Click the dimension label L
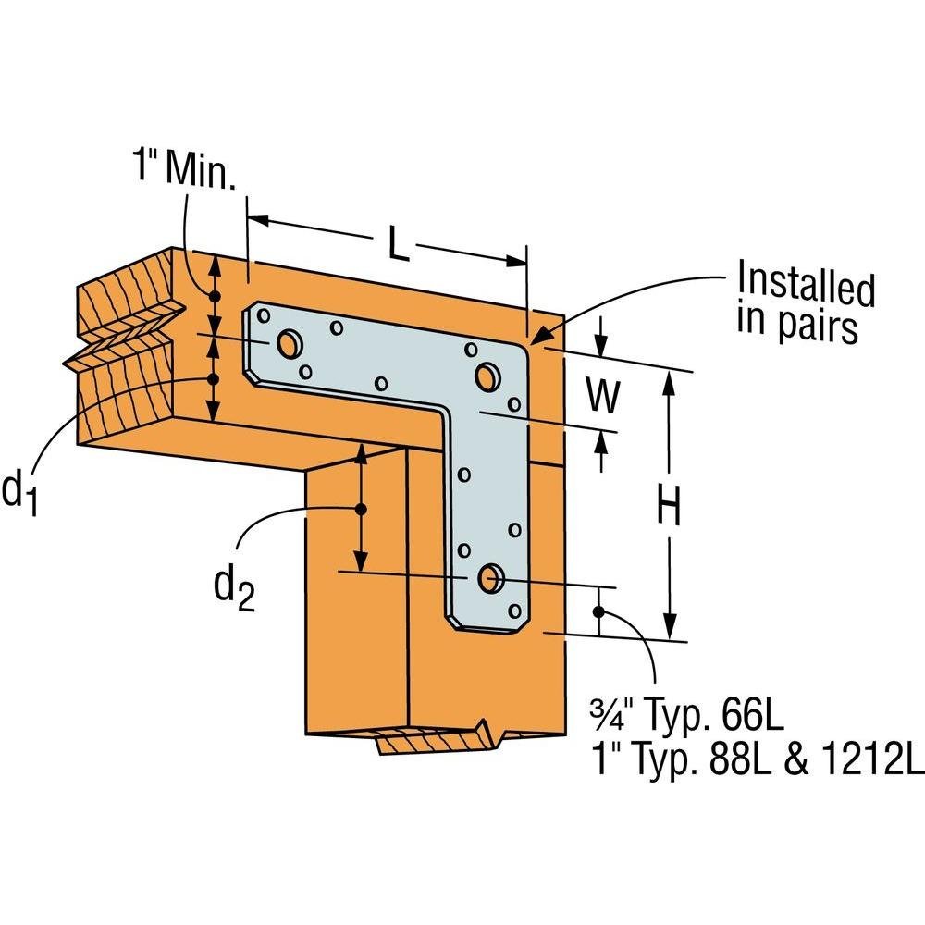[396, 244]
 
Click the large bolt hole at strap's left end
[290, 344]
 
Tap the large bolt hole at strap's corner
[487, 376]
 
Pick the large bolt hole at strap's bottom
[487, 579]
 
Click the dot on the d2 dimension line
[362, 510]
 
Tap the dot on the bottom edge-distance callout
[599, 610]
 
